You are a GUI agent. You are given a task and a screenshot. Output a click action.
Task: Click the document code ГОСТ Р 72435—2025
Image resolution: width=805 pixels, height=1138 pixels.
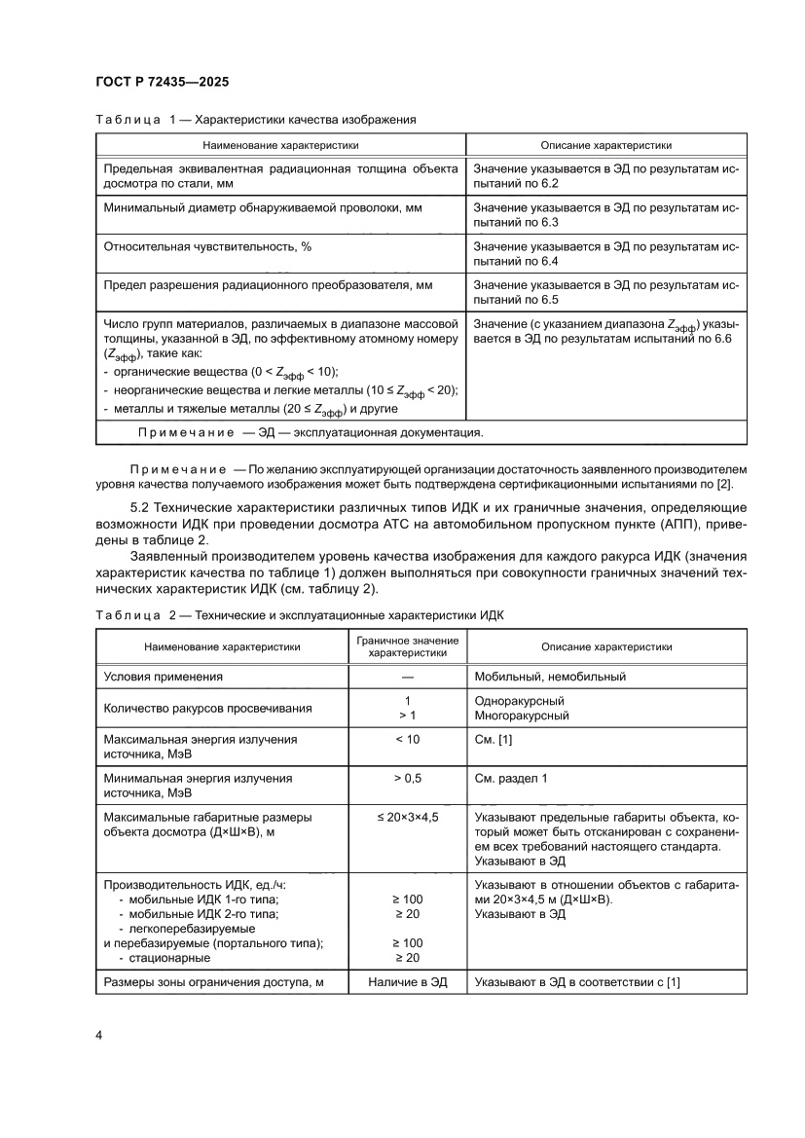pyautogui.click(x=162, y=83)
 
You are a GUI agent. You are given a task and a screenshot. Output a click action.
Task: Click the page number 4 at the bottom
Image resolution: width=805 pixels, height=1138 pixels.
pyautogui.click(x=99, y=1034)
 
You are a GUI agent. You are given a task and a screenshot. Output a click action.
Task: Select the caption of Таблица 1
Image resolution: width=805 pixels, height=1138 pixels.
pyautogui.click(x=256, y=120)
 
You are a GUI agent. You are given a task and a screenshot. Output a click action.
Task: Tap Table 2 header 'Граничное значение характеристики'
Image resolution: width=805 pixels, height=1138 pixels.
pyautogui.click(x=407, y=646)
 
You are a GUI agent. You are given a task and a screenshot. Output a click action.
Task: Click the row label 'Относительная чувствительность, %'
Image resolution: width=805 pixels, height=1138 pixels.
pyautogui.click(x=207, y=247)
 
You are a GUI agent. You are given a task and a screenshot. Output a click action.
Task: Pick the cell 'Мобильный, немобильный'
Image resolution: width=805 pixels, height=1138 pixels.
pyautogui.click(x=549, y=677)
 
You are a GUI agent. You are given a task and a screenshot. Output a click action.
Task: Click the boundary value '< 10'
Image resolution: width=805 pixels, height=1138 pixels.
pyautogui.click(x=407, y=739)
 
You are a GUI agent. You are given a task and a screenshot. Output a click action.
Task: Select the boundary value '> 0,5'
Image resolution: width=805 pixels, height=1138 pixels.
pyautogui.click(x=407, y=779)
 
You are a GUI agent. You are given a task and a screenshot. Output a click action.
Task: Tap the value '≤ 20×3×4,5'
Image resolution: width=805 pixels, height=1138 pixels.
pyautogui.click(x=407, y=817)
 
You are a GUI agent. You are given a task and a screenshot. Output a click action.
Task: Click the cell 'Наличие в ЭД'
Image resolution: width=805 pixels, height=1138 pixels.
pyautogui.click(x=407, y=982)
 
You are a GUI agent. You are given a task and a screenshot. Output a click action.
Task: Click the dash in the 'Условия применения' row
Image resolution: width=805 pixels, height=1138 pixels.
pyautogui.click(x=407, y=677)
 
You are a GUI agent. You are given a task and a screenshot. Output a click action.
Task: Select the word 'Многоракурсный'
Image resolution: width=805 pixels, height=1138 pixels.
pyautogui.click(x=521, y=716)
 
